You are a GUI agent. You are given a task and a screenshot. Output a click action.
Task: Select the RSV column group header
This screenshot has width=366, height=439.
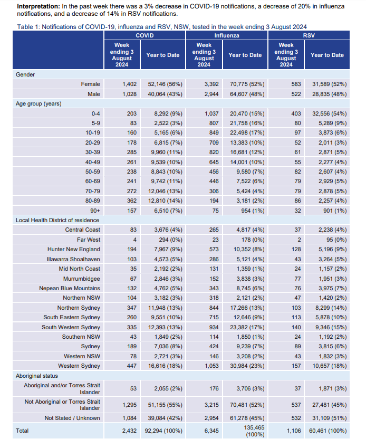(x=309, y=35)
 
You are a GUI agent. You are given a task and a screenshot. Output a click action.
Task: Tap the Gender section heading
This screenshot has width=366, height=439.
(x=25, y=75)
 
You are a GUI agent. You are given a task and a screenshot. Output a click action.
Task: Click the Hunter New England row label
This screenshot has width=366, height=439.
(x=74, y=249)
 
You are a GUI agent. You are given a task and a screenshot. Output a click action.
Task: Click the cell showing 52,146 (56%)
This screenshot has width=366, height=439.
(x=162, y=84)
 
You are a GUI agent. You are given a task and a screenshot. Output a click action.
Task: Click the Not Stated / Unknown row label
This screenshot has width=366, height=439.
(x=72, y=418)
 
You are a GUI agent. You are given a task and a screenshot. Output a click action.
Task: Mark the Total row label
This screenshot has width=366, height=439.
(x=22, y=431)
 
